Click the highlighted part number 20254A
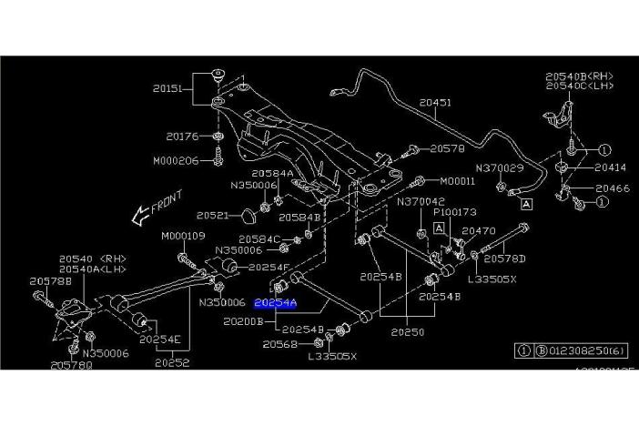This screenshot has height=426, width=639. pyautogui.click(x=276, y=302)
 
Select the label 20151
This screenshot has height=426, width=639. pyautogui.click(x=169, y=89)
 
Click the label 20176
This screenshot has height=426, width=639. pyautogui.click(x=182, y=137)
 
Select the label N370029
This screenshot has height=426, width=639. pyautogui.click(x=499, y=168)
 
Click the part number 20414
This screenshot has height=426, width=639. pyautogui.click(x=611, y=167)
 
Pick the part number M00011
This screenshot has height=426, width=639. pyautogui.click(x=456, y=181)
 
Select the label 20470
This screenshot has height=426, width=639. pyautogui.click(x=478, y=231)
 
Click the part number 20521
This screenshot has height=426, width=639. pyautogui.click(x=213, y=216)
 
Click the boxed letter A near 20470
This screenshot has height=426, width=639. pyautogui.click(x=438, y=227)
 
